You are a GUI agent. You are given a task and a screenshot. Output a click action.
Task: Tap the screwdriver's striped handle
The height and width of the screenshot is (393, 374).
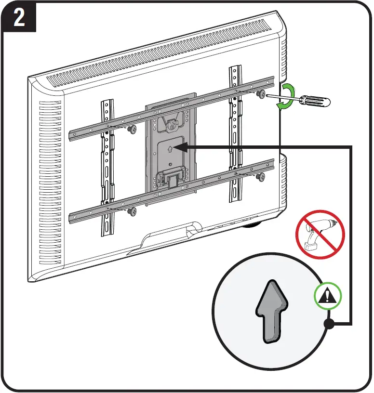point(313,101)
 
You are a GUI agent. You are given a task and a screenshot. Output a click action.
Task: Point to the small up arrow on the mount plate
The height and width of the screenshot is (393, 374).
point(170,149)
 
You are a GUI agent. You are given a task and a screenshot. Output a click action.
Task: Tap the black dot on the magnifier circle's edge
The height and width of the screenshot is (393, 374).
point(329,325)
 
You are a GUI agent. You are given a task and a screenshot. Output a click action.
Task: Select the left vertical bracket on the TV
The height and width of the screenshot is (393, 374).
point(107,169)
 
